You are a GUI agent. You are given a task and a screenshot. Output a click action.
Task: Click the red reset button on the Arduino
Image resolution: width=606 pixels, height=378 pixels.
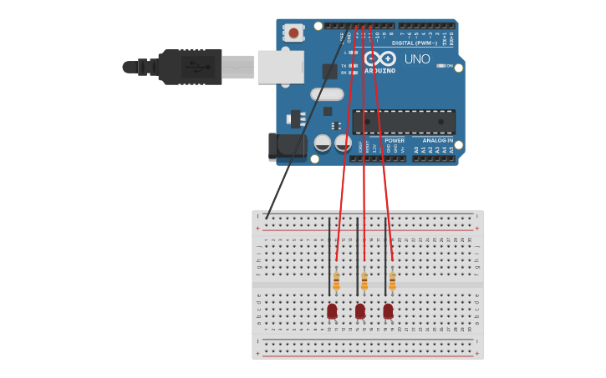[x=293, y=33]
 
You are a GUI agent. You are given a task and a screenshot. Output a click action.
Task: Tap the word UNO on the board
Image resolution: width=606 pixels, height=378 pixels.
[x=416, y=59]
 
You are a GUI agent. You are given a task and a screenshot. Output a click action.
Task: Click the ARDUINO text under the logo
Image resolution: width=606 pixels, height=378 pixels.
[x=379, y=71]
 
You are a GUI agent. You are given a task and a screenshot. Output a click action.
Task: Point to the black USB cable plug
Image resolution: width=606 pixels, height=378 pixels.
[x=191, y=67]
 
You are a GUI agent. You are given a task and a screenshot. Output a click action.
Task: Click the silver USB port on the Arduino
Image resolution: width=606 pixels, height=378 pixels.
[x=280, y=67]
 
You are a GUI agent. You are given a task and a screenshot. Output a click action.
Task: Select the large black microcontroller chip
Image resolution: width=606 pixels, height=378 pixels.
[x=404, y=122]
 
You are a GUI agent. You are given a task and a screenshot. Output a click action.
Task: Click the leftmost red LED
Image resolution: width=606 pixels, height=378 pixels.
[x=332, y=310]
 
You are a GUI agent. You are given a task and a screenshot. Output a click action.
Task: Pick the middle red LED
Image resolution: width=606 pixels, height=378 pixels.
[x=360, y=310]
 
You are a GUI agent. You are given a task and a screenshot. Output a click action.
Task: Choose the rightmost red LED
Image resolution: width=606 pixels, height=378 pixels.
[x=388, y=310]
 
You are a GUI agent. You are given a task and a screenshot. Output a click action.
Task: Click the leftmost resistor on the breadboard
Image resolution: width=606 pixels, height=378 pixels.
[x=336, y=280]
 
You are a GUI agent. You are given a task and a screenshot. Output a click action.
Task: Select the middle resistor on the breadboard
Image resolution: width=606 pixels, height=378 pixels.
[x=364, y=280]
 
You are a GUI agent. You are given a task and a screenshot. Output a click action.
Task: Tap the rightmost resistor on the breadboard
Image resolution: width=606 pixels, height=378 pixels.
[x=391, y=280]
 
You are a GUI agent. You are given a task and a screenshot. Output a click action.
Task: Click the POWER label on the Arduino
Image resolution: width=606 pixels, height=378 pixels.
[x=395, y=140]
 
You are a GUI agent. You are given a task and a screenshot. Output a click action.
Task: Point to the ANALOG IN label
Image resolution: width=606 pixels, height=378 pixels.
[x=438, y=140]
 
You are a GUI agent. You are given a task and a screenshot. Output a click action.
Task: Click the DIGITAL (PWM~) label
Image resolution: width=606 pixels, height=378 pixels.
[x=415, y=43]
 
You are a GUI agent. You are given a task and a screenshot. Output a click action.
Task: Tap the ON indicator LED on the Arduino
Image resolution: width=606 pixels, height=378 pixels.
[x=440, y=65]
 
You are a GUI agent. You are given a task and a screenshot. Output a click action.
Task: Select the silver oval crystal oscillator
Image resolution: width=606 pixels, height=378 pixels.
[x=327, y=94]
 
